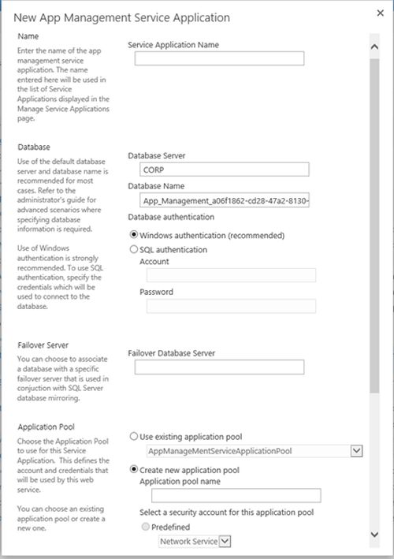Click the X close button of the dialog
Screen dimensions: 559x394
[379, 13]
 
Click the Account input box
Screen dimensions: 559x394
[227, 275]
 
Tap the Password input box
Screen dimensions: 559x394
[227, 306]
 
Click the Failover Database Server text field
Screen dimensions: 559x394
[219, 367]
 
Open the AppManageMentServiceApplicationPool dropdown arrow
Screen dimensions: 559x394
[356, 451]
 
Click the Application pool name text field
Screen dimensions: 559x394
[230, 495]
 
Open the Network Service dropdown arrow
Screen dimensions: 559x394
[225, 541]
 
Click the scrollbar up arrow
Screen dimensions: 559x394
[374, 47]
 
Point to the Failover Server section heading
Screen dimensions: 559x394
[43, 345]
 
